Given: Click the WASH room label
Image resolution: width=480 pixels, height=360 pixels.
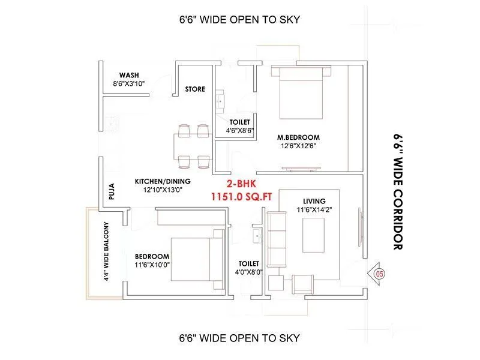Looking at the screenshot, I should pyautogui.click(x=130, y=75).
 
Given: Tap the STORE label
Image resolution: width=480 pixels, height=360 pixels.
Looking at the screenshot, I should pyautogui.click(x=195, y=89).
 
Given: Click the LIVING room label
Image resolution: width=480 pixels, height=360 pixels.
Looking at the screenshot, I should pyautogui.click(x=314, y=201).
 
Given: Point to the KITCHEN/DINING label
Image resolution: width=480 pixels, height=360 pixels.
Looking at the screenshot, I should pyautogui.click(x=162, y=181).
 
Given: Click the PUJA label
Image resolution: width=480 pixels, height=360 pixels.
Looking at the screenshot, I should pyautogui.click(x=111, y=191).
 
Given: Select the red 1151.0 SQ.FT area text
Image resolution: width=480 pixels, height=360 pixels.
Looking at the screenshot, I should pyautogui.click(x=239, y=196).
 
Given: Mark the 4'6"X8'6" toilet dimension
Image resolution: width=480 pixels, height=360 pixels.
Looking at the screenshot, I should pyautogui.click(x=239, y=130).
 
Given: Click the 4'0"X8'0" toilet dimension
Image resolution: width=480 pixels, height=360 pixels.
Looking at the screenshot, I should pyautogui.click(x=248, y=272).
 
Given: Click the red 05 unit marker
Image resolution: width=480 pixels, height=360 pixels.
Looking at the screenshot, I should pyautogui.click(x=379, y=274).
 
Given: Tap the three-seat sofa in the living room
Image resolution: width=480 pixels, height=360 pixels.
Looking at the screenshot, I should pyautogui.click(x=277, y=238).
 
